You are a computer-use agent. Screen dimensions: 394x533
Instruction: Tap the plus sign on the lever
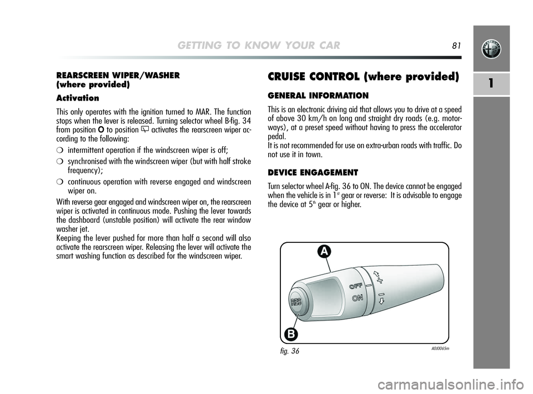(x=380, y=276)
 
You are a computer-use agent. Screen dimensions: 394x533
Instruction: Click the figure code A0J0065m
(x=439, y=348)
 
